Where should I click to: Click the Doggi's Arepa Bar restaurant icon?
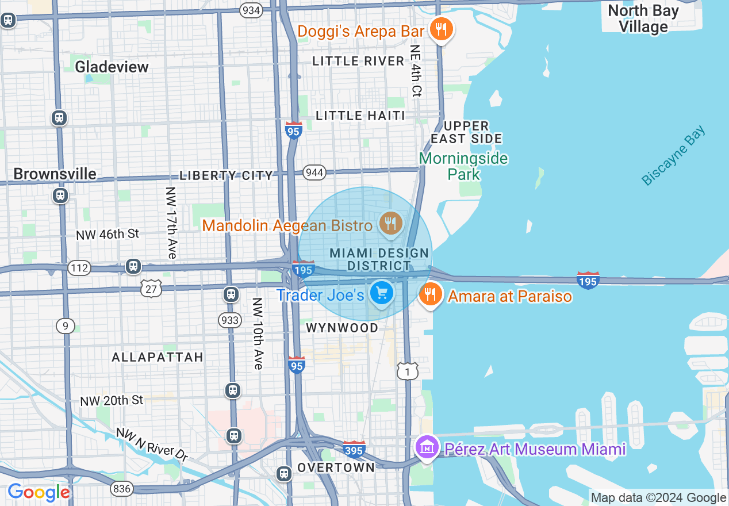[x=441, y=29]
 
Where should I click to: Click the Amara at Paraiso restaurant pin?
[x=429, y=294]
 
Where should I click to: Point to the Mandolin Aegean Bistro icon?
[x=391, y=224]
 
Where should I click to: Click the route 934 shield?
[x=251, y=10]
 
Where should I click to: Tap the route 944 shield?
[x=315, y=172]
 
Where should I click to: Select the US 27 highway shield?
[x=151, y=288]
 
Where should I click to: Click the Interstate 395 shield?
[x=354, y=449]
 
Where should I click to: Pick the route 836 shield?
[x=122, y=489]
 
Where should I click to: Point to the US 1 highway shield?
[x=408, y=371]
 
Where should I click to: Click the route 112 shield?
[x=79, y=267]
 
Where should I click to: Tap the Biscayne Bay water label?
[x=673, y=156]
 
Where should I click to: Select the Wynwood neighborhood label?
[x=342, y=328]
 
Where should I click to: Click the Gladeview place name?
[x=112, y=67]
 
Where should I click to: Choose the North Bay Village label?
[x=643, y=18]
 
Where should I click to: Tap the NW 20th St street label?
[x=112, y=400]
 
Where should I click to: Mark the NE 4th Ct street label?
[x=416, y=70]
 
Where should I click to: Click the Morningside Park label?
[x=463, y=166]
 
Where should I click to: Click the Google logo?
[x=39, y=492]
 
